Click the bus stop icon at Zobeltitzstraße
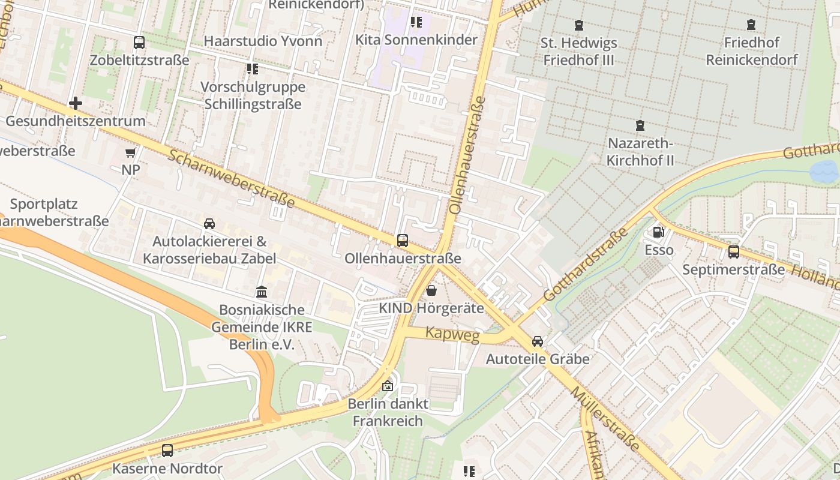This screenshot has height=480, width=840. tap(139, 43)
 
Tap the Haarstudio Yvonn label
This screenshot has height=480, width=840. tap(263, 41)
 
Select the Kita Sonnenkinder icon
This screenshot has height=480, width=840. tap(416, 23)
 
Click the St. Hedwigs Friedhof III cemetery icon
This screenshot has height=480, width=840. tap(579, 25)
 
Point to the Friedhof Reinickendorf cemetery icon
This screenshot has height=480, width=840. tap(751, 25)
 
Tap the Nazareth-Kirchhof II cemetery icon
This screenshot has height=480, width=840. tap(640, 126)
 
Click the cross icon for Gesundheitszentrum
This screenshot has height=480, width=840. tap(76, 103)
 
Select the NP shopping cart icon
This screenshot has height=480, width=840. tap(130, 152)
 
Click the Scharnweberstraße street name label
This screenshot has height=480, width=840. tap(231, 179)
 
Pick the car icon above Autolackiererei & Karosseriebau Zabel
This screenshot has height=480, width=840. tap(209, 224)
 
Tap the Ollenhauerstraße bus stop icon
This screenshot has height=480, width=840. tap(403, 241)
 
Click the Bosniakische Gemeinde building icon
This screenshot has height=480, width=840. tap(262, 292)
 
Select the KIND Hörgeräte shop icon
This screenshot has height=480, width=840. tap(431, 291)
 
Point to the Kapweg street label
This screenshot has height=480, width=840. tap(452, 334)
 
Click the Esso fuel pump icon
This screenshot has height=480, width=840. tap(658, 232)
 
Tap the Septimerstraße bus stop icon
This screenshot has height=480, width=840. tap(733, 252)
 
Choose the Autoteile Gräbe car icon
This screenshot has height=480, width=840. tap(538, 341)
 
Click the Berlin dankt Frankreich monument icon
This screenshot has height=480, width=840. tap(388, 386)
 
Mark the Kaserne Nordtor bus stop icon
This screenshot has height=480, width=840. tap(167, 450)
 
